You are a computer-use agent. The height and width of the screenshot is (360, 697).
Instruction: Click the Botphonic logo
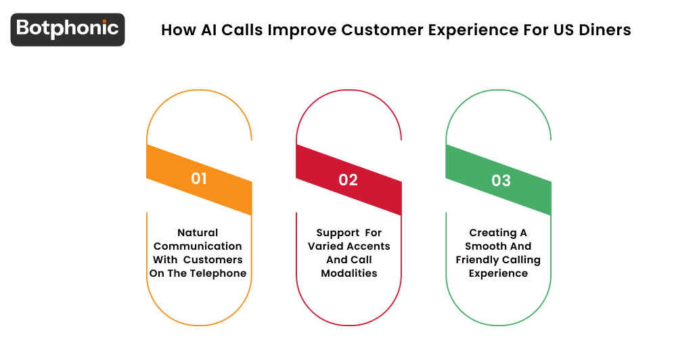point(68,29)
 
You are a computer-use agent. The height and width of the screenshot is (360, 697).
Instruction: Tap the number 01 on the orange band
point(199,179)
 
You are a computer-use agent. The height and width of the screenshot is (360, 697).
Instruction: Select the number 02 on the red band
point(348,180)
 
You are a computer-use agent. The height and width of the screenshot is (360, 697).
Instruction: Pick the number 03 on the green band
point(501,180)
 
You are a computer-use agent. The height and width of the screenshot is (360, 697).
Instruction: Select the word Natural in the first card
point(198,233)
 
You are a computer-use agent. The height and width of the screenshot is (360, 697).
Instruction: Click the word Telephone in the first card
point(220,273)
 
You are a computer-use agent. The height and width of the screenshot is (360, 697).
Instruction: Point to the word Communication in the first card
point(198,246)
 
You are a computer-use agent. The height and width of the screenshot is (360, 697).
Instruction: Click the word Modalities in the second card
point(348,273)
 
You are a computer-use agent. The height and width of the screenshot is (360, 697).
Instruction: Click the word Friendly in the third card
point(478,260)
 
